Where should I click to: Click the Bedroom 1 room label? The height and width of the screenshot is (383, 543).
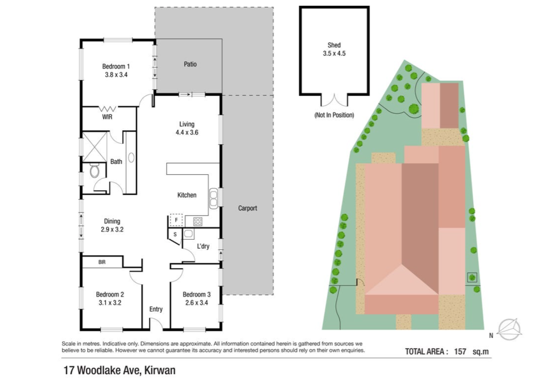116,67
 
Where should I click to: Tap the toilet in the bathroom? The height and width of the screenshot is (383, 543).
94,170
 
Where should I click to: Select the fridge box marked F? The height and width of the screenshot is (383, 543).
176,220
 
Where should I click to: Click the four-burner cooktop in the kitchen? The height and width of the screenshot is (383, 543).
198,222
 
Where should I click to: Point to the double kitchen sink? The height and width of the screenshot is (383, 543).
214,199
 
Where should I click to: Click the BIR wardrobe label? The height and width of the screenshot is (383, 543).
102,262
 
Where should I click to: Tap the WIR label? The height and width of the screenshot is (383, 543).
107,117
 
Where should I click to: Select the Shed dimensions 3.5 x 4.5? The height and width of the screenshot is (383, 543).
334,53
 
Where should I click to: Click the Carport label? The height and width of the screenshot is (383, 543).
248,208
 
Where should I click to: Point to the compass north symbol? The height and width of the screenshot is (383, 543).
509,329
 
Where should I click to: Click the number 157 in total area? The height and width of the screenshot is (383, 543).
460,352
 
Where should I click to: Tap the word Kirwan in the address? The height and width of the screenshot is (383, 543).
160,370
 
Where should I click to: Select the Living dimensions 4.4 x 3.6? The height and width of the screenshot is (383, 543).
187,132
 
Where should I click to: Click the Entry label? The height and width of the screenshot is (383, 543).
156,309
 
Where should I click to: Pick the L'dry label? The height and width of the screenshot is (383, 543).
203,246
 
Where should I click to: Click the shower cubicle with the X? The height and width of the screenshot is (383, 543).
94,147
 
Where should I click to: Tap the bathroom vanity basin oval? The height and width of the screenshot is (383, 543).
131,158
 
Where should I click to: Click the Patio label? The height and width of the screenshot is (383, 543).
190,64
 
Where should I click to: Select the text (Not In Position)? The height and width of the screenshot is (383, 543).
334,115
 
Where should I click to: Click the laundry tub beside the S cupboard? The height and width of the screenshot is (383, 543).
188,234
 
